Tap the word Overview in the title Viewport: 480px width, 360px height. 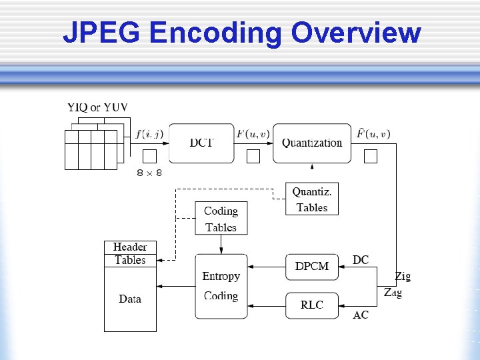tap(357, 33)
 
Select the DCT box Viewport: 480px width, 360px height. tap(201, 143)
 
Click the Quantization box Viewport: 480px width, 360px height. tap(311, 143)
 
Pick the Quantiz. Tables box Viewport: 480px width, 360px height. tap(312, 199)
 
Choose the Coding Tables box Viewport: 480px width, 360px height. tap(221, 219)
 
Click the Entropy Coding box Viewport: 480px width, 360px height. tap(221, 286)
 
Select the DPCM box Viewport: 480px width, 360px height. tap(311, 266)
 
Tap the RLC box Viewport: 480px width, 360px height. tap(311, 305)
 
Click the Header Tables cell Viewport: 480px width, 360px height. tap(130, 254)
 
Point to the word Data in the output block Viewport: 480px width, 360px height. tap(130, 299)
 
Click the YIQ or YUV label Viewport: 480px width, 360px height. tap(97, 107)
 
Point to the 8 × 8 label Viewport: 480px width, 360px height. tap(149, 173)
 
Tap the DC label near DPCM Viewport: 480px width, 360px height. tap(361, 260)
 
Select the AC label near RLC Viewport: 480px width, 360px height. tap(361, 315)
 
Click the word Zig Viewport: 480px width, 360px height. tap(402, 276)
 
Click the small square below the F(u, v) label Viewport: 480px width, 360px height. tap(253, 157)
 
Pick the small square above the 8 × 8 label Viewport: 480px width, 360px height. tap(149, 157)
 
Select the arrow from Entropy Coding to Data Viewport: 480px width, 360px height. tap(175, 286)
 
